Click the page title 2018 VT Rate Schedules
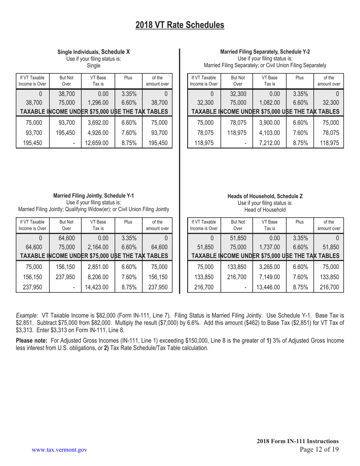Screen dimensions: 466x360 click(x=180, y=25)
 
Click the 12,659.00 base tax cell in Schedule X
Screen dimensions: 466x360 click(x=97, y=143)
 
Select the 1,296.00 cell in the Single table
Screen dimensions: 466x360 click(x=97, y=102)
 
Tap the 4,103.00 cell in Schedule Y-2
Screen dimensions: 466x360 click(x=269, y=133)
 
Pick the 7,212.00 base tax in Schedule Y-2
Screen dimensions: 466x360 click(x=269, y=143)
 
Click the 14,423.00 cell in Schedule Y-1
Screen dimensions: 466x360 click(x=97, y=287)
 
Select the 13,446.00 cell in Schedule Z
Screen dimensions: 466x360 click(x=269, y=287)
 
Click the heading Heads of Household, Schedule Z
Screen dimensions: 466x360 click(x=265, y=196)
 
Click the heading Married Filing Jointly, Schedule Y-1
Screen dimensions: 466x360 click(x=93, y=196)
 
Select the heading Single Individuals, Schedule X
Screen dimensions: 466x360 click(x=94, y=52)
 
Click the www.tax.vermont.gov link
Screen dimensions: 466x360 click(x=59, y=450)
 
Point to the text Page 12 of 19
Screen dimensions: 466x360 click(x=319, y=450)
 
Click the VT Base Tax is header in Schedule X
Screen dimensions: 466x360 click(x=97, y=80)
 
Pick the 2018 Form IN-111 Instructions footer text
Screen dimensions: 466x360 click(x=297, y=441)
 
